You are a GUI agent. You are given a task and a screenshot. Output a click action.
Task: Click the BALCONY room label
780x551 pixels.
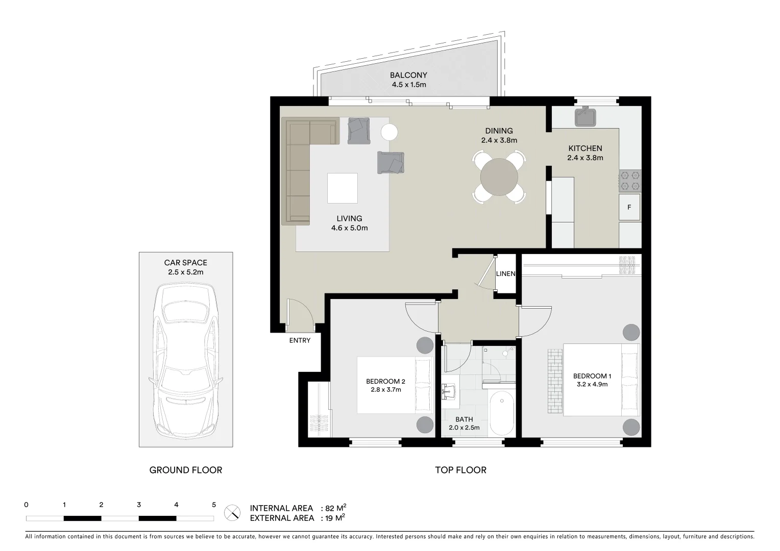tap(408, 76)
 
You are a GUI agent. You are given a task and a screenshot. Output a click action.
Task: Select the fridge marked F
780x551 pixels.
tap(629, 207)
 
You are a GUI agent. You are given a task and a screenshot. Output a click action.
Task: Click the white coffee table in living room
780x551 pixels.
tap(343, 188)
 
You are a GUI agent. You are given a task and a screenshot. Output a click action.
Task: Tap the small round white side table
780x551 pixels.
tap(389, 133)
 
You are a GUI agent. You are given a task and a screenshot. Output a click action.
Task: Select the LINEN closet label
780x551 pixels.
tap(506, 274)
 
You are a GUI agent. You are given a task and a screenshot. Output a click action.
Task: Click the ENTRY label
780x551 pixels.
tap(300, 340)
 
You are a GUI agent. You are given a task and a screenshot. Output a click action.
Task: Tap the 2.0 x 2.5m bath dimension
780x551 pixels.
tap(464, 428)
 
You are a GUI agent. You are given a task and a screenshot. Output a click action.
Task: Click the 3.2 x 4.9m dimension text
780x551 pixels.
tap(592, 384)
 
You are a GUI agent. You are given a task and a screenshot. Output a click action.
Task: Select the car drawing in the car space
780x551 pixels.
tap(186, 360)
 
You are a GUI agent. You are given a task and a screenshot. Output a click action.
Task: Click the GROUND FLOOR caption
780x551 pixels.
tap(186, 470)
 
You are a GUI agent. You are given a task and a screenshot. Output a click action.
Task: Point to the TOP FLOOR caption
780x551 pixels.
tap(460, 470)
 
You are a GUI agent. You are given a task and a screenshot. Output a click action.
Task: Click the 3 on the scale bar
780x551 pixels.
tap(139, 505)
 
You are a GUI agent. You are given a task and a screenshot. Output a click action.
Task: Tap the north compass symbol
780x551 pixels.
tap(233, 512)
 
